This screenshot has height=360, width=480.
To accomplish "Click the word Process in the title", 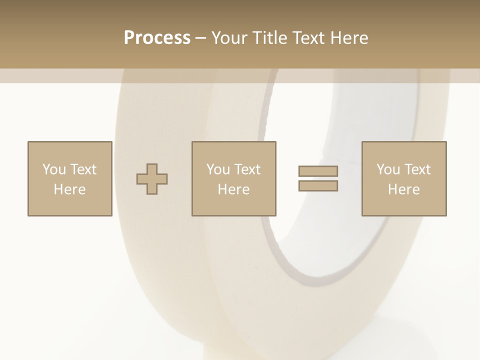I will coord(157,37).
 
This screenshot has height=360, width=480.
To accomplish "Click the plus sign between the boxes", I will coord(152,179).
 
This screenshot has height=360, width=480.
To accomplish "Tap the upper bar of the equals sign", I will coord(318,171).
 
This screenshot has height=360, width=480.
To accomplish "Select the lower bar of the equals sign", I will coord(318,186).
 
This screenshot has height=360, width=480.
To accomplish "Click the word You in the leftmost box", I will coord(53,169).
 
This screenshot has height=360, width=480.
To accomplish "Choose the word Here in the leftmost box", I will coord(69,189).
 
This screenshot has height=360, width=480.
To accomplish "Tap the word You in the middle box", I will coord(217,169).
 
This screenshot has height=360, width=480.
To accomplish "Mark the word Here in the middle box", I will coord(233,189).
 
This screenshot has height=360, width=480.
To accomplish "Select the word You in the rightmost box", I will coord(387,169).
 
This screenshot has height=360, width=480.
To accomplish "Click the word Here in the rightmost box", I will coord(403,189).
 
